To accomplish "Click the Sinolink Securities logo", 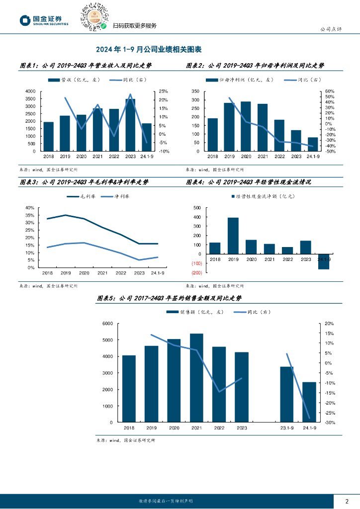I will coord(44,20).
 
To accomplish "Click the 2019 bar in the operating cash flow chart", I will coord(233,236).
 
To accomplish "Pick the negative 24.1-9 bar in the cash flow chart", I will coord(324,261).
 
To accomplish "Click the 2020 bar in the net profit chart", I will coord(246,126).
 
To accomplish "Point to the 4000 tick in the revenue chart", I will coord(30,91).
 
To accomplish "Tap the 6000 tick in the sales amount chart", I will coord(107,324).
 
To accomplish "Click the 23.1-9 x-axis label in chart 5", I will coord(286,428).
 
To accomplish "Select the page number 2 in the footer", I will coord(347,501).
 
